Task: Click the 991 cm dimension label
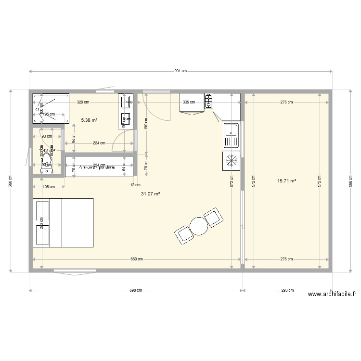pos(180,71)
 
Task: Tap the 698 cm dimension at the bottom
pos(136,290)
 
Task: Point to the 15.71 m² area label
pos(286,181)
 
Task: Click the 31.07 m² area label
pos(150,194)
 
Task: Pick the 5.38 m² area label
pos(90,120)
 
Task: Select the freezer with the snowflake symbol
pos(231,161)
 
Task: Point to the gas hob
pos(209,100)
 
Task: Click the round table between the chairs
pos(198,225)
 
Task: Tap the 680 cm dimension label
pos(136,259)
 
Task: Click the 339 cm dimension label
pos(188,102)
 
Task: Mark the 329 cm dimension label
pos(83,102)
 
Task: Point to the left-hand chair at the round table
pos(183,235)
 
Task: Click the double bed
pos(63,222)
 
